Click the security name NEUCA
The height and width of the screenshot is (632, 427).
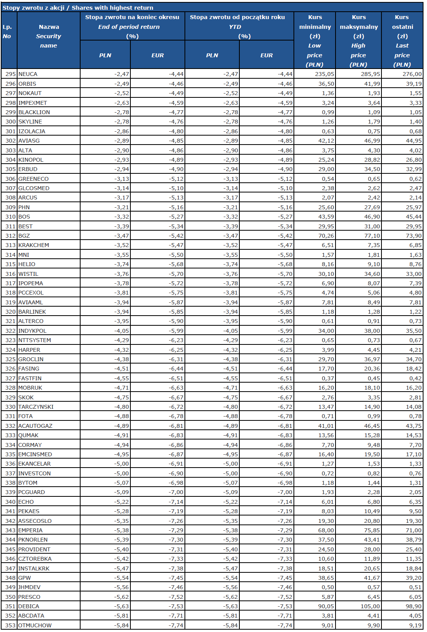(x=28, y=74)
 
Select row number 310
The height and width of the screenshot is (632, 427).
(x=11, y=217)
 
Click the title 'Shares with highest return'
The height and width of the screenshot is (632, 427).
(x=112, y=8)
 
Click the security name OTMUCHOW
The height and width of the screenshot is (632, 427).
(x=35, y=625)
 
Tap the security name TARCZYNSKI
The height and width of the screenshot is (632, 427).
(x=36, y=407)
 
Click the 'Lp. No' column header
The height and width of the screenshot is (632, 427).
(x=7, y=32)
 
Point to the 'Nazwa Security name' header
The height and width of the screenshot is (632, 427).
(x=49, y=36)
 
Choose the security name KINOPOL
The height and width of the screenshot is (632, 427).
(x=31, y=160)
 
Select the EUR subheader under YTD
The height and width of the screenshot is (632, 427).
(x=267, y=55)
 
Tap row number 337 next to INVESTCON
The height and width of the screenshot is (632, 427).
(x=11, y=473)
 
